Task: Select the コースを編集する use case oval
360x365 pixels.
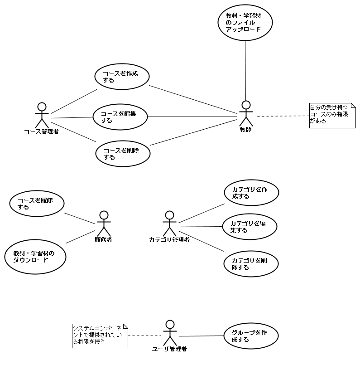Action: click(x=120, y=117)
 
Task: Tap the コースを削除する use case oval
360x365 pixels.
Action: click(x=123, y=154)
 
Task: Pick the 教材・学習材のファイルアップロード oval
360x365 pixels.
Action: click(x=245, y=23)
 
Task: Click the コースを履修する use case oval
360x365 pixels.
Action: click(x=37, y=203)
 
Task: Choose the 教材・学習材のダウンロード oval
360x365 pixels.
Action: click(x=35, y=257)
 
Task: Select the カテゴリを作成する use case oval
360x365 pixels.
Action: click(x=251, y=193)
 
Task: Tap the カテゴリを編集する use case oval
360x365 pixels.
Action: click(x=250, y=226)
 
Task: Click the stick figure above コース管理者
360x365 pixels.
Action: click(x=42, y=115)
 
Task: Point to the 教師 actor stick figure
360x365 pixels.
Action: click(x=246, y=113)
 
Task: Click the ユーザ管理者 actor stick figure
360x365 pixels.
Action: click(x=170, y=333)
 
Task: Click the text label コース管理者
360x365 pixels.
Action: click(x=41, y=132)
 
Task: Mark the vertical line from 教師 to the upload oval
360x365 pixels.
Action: click(x=245, y=70)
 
